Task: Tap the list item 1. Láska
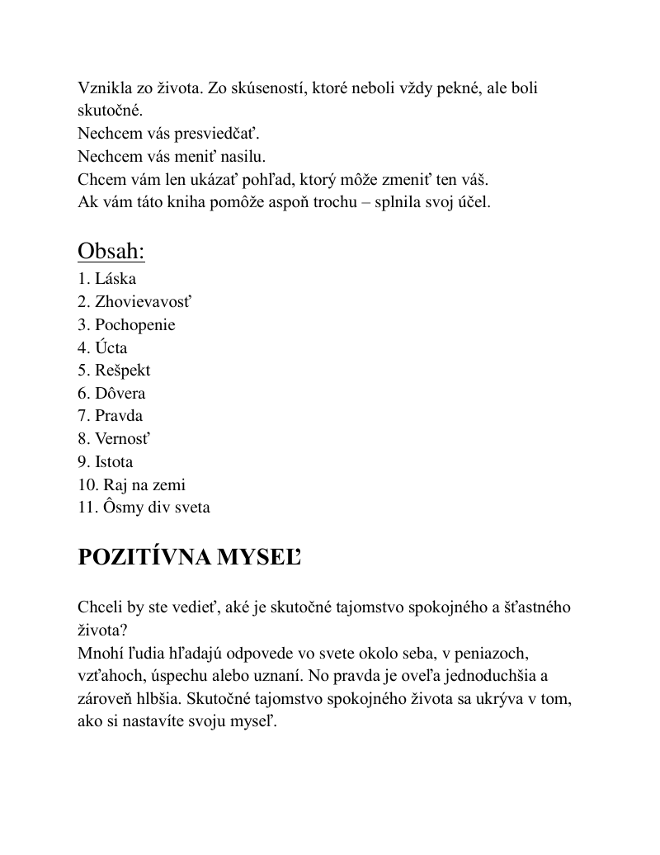107,279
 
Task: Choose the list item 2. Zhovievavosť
136,302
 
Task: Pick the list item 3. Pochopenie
127,324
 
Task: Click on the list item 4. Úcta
103,347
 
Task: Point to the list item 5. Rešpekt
115,370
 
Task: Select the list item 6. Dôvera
112,393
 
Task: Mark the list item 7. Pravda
111,415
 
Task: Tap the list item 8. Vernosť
115,438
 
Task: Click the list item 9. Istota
106,461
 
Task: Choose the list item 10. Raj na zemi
132,484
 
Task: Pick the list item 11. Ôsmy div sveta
144,507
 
